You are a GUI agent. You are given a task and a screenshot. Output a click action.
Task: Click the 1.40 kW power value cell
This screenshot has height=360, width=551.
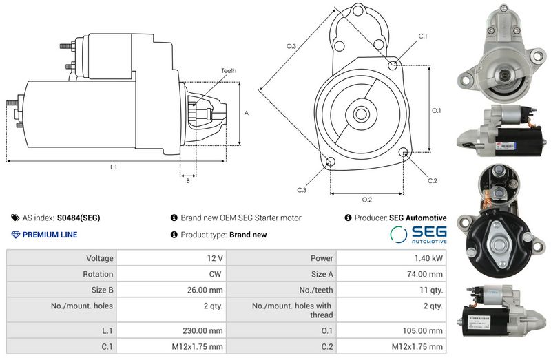(x=428, y=258)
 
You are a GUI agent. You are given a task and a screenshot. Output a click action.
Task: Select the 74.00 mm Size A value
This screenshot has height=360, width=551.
(x=425, y=274)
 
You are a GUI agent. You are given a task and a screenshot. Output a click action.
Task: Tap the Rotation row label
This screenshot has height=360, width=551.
(x=98, y=274)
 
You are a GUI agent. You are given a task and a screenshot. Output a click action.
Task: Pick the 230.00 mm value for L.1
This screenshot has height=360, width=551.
(x=202, y=331)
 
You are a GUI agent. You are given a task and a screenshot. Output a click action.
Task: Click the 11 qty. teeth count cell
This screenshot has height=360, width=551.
(x=431, y=290)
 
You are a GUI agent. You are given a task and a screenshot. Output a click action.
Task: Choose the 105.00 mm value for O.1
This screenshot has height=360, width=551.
(x=423, y=331)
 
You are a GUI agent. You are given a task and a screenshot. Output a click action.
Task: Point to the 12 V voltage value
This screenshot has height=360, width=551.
(x=215, y=258)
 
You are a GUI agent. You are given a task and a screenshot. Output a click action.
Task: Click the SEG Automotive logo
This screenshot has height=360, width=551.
(x=418, y=235)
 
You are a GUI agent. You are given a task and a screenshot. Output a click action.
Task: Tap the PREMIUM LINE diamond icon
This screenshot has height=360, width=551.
(x=15, y=235)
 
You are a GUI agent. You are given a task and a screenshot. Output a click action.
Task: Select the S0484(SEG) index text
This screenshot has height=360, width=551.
(x=79, y=218)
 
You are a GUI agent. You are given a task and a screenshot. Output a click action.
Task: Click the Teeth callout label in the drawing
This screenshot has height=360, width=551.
(x=229, y=71)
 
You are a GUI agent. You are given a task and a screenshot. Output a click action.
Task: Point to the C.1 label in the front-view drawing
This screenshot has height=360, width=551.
(x=423, y=36)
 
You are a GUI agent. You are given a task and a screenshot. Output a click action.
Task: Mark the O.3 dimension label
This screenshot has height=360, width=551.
(x=291, y=46)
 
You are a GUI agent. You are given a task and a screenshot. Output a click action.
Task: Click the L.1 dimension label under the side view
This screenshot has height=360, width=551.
(x=114, y=167)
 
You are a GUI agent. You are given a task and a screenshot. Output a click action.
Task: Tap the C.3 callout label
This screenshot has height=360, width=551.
(x=302, y=190)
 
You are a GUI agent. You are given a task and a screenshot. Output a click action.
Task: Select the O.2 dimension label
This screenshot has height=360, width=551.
(x=367, y=200)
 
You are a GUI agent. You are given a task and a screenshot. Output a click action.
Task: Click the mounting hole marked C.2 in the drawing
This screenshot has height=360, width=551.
(x=403, y=152)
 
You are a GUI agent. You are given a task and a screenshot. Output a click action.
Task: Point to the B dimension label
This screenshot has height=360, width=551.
(x=188, y=181)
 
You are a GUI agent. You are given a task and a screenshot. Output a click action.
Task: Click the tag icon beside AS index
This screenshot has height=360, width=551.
(x=15, y=218)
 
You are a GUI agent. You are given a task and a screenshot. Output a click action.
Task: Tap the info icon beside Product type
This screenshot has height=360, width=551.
(x=174, y=235)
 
